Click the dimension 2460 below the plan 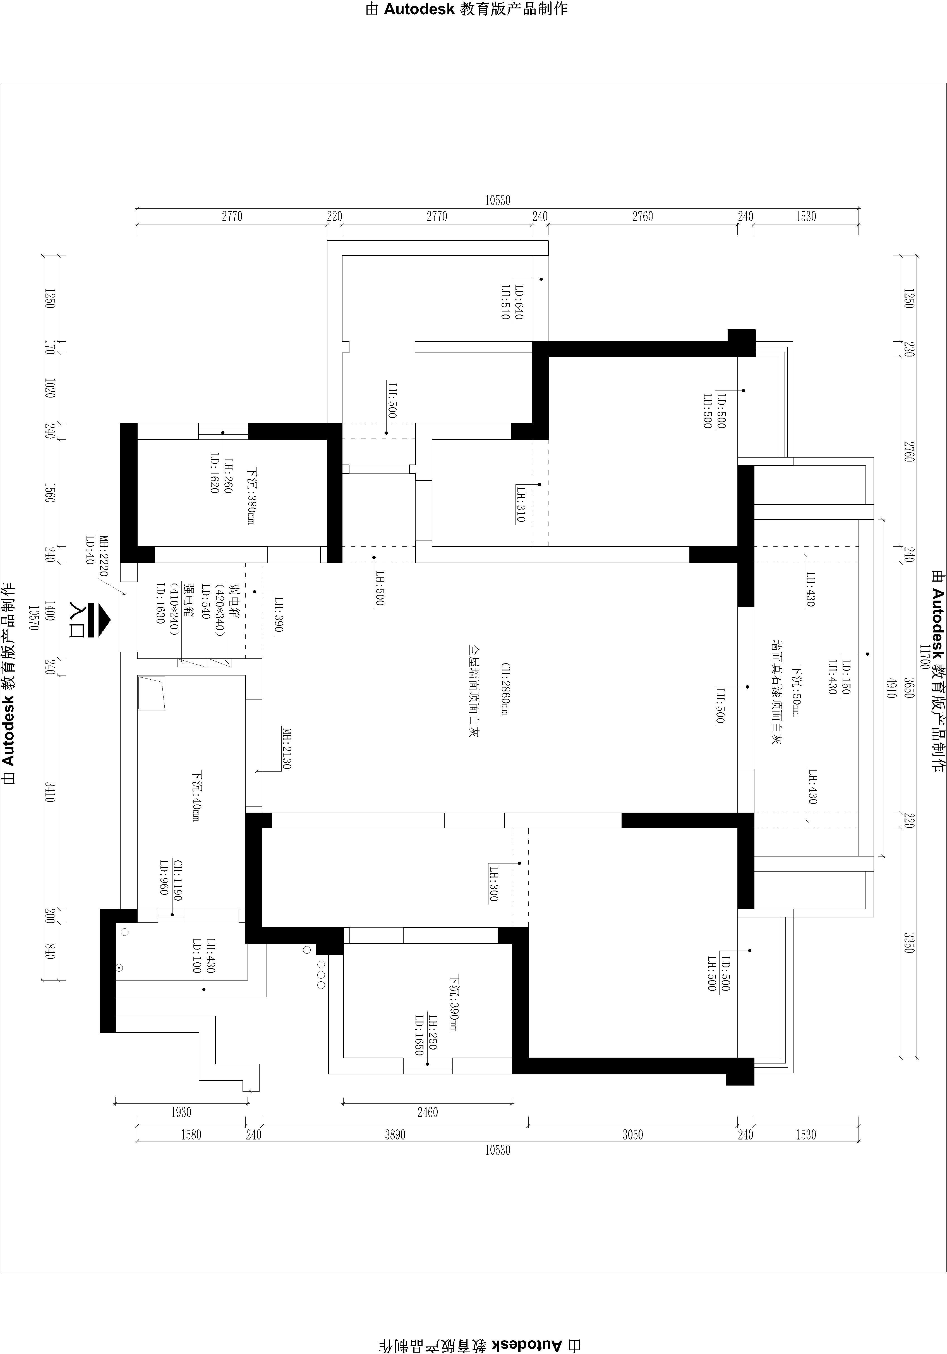[x=428, y=1112]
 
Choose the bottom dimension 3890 [x=395, y=1135]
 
